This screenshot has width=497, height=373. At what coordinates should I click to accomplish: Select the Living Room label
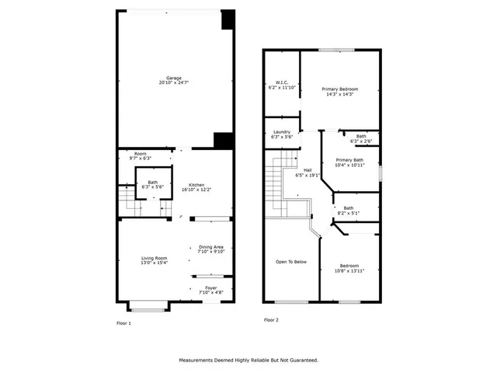(x=154, y=258)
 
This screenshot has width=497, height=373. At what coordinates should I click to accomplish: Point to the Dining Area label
(x=210, y=246)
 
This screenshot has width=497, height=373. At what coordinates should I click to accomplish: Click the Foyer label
(x=210, y=288)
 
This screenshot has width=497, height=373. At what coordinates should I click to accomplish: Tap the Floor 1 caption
(x=123, y=322)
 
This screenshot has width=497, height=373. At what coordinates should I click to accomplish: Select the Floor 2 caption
(x=271, y=319)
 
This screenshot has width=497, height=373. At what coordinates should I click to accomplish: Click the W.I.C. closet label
(x=281, y=83)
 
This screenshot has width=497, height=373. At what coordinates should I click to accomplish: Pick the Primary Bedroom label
(x=339, y=89)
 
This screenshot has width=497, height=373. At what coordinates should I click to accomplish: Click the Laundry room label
(x=281, y=132)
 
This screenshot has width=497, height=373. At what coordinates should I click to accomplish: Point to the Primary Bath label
(x=349, y=160)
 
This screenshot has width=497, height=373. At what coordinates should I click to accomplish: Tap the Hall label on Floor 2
(x=308, y=170)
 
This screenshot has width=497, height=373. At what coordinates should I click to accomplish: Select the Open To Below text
(x=291, y=262)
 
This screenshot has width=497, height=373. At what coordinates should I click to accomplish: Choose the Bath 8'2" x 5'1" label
(x=349, y=207)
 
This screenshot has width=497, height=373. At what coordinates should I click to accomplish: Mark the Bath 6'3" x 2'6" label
(x=361, y=136)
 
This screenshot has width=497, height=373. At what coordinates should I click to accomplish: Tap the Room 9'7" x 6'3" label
(x=140, y=154)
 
